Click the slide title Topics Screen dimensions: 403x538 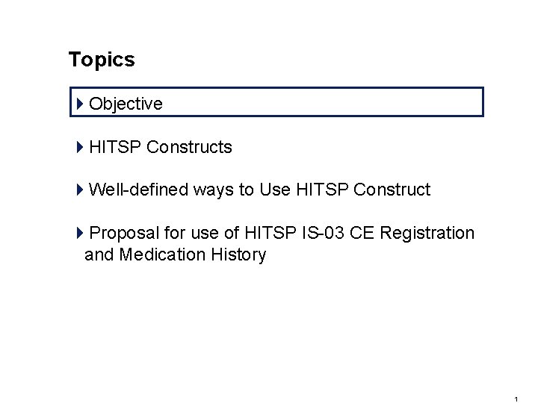[102, 60]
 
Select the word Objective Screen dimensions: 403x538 [126, 104]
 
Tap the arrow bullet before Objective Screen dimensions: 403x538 [81, 104]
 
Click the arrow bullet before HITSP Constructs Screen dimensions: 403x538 [81, 148]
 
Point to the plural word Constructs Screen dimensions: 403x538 [189, 148]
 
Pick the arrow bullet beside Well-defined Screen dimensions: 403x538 [81, 190]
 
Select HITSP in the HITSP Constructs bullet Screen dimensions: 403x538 [115, 148]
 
